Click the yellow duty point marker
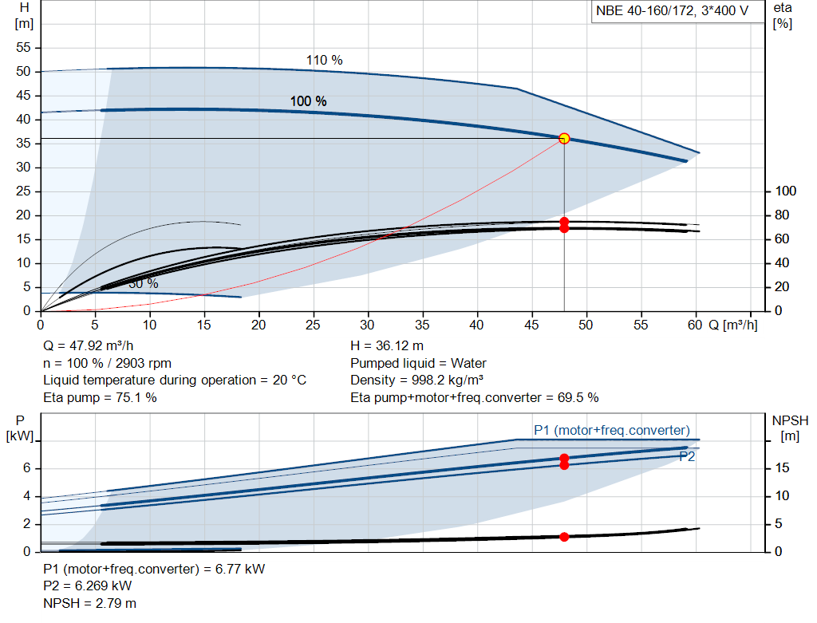coord(564,138)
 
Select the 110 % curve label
coord(324,61)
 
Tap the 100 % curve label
coord(308,101)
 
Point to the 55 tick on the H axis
coord(23,48)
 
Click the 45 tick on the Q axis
coord(531,325)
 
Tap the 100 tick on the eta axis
coord(785,191)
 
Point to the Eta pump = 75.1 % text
coord(100,396)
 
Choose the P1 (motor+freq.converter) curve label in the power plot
coord(611,431)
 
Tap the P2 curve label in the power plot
coord(687,456)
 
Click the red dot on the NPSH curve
coord(564,537)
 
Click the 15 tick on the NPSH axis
coord(783,467)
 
